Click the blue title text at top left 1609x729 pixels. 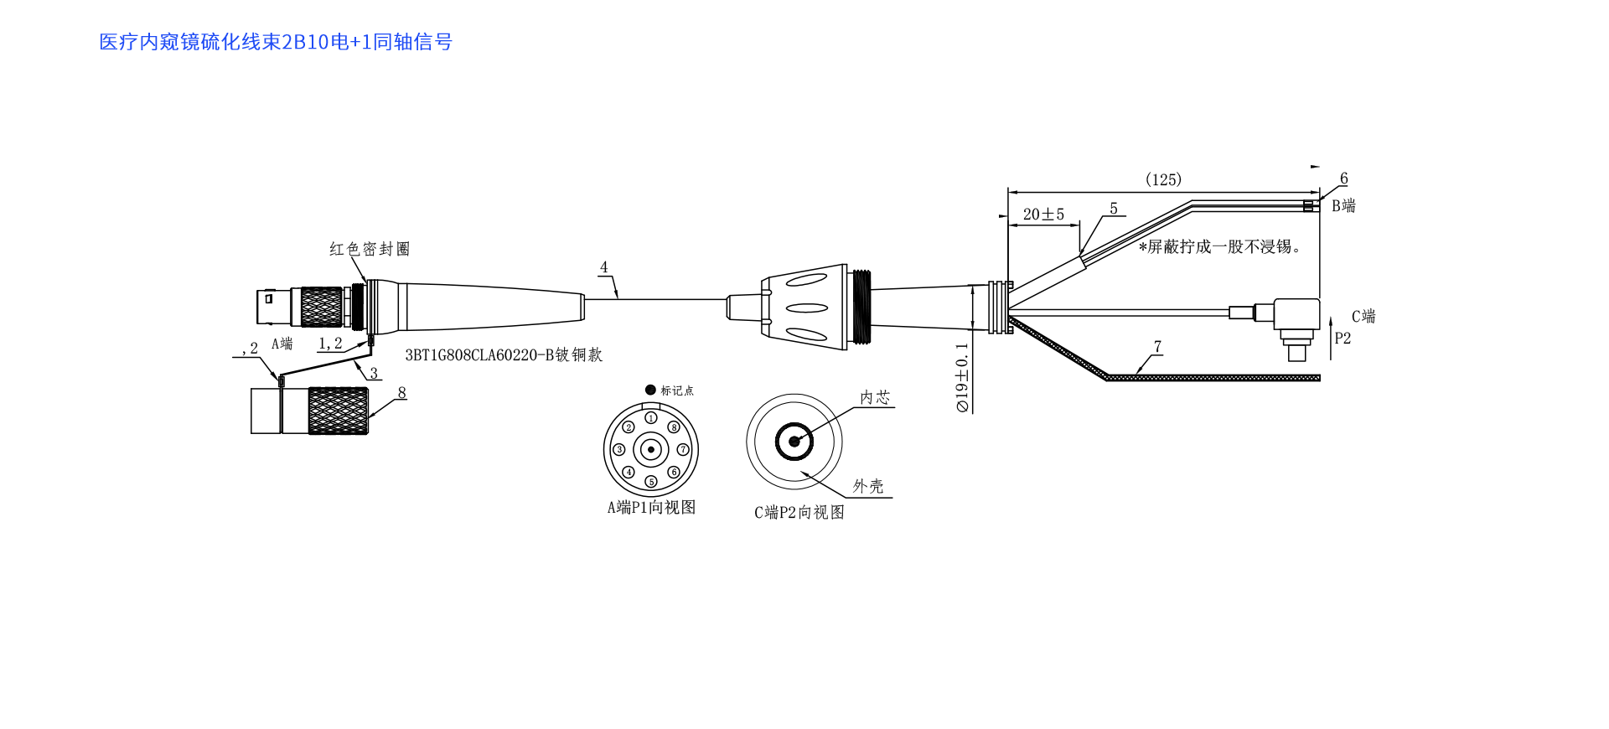coord(276,42)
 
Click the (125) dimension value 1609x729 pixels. coord(1163,180)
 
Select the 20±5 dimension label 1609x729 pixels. coord(1043,215)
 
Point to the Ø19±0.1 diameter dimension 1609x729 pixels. coord(962,377)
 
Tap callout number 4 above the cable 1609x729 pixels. coord(604,267)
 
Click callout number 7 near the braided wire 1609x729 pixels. coord(1157,347)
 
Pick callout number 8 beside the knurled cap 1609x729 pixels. coord(401,393)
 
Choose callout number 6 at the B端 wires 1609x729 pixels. coord(1343,178)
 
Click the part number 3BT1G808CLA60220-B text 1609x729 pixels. coord(504,355)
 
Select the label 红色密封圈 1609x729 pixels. coord(370,249)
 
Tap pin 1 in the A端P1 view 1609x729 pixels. coord(651,417)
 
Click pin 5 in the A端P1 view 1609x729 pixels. coord(651,482)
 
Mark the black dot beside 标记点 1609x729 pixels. coord(650,390)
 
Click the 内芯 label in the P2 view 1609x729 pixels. coord(875,397)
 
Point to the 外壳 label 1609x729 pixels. coord(868,486)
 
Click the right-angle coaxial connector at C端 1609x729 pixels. coord(1295,323)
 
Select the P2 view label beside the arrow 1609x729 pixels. coord(1343,339)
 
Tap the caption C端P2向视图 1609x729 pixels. coord(799,512)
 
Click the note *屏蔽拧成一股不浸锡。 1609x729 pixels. coord(1219,246)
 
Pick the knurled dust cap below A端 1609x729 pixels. coord(337,411)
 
